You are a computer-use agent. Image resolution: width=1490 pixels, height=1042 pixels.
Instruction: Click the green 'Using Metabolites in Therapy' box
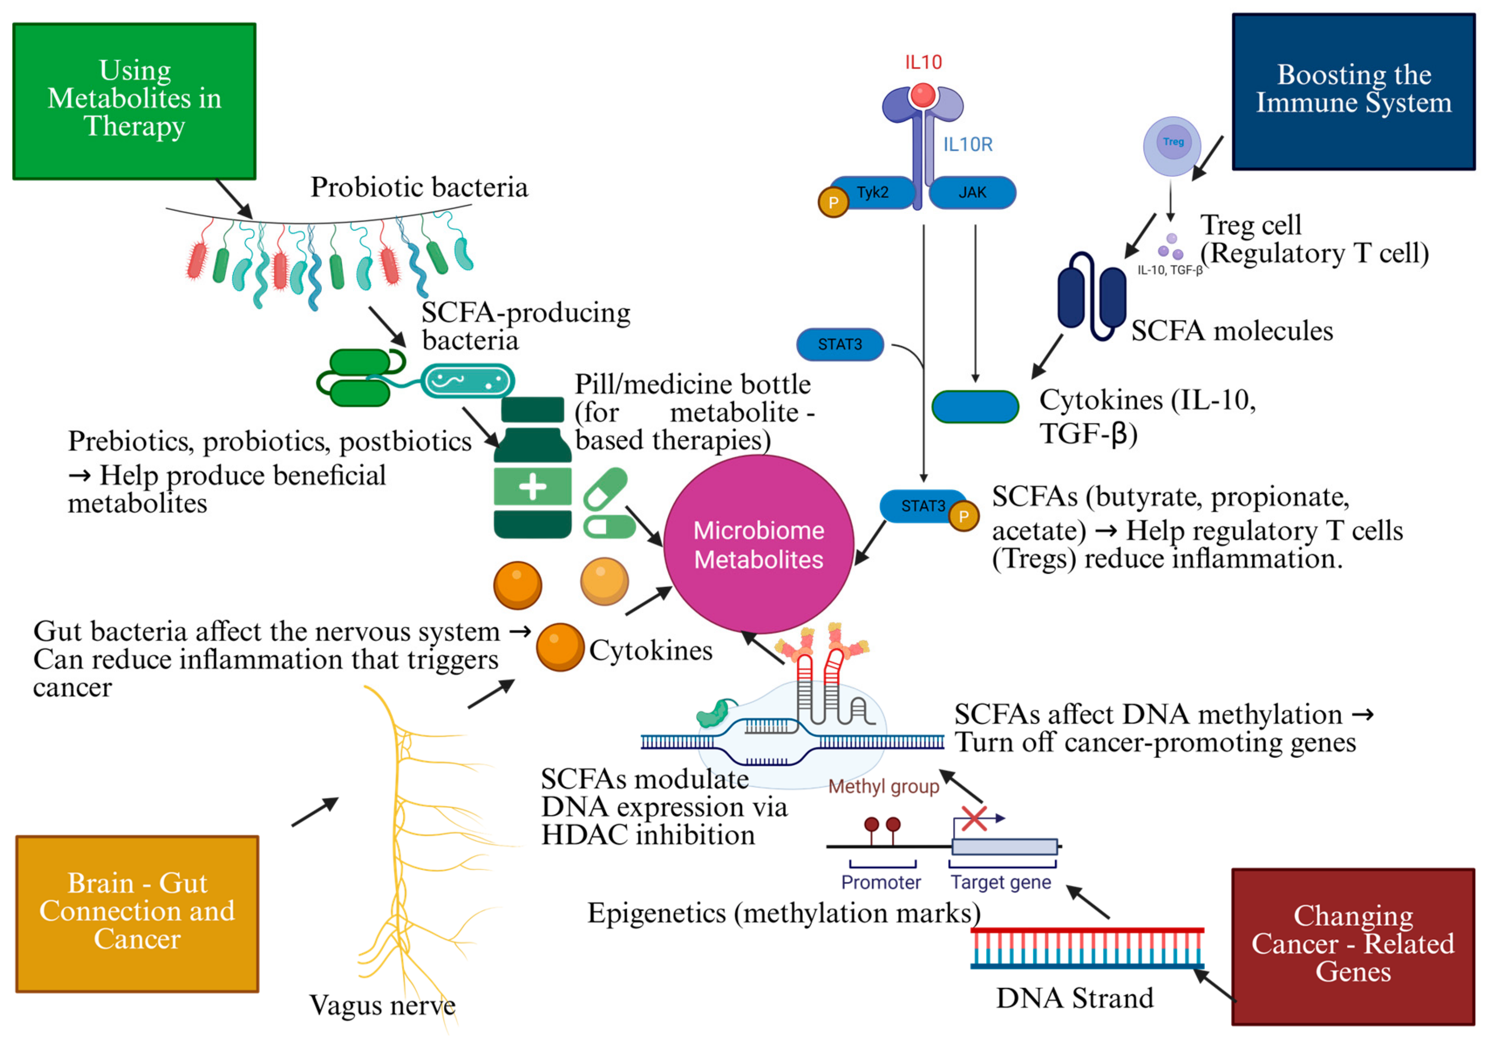[134, 101]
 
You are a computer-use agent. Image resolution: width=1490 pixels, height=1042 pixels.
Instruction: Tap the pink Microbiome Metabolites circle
[758, 544]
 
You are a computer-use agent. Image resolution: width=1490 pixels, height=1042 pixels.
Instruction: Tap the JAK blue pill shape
[971, 193]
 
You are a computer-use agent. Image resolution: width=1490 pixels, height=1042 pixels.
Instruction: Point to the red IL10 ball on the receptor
[922, 96]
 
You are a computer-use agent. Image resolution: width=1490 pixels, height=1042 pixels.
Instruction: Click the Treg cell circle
[1171, 145]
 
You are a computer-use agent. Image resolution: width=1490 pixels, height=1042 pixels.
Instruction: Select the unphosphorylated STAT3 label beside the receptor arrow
[840, 344]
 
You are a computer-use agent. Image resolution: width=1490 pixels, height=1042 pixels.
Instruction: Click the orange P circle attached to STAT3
[964, 516]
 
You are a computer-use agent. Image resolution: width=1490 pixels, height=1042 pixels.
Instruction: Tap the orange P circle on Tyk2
[833, 202]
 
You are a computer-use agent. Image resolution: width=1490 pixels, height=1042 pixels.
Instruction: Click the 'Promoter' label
[881, 882]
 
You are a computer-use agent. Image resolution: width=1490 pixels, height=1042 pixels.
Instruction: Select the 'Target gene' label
[1000, 882]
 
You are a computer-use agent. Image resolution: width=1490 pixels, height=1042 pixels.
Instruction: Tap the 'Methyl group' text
[883, 786]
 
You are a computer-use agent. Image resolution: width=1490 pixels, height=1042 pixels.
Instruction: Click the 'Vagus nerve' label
[382, 1005]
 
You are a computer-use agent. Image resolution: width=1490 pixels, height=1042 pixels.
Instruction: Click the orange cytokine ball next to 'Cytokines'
[560, 647]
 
